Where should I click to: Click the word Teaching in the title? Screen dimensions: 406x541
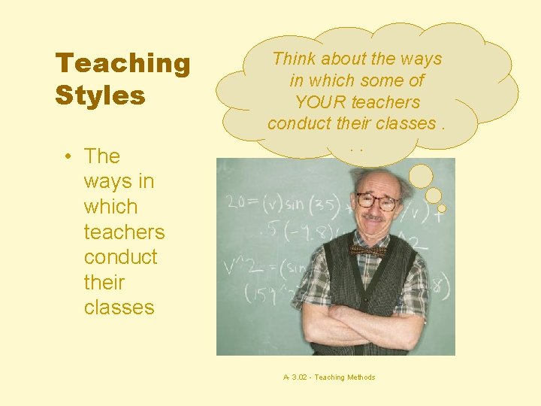click(x=122, y=63)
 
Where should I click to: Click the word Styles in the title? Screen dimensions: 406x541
click(x=100, y=95)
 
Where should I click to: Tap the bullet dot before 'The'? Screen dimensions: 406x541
click(x=68, y=156)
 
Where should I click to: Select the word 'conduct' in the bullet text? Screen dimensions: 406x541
click(x=120, y=257)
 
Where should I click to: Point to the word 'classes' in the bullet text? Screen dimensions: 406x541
click(x=119, y=308)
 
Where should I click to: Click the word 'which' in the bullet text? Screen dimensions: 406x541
click(x=110, y=207)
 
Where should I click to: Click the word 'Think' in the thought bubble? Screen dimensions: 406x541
click(x=295, y=59)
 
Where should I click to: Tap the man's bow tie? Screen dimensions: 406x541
click(x=368, y=250)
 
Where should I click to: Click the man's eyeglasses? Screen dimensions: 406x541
click(x=377, y=201)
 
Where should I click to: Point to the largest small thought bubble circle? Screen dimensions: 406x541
click(x=421, y=176)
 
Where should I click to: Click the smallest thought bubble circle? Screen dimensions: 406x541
click(x=442, y=208)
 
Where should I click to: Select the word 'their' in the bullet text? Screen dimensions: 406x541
click(x=104, y=283)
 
